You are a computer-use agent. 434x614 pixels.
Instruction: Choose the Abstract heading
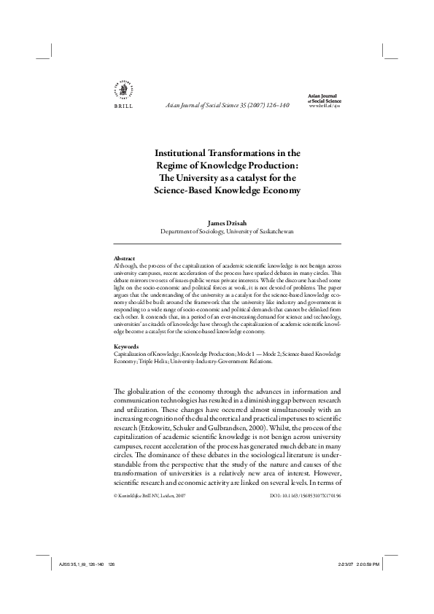[x=125, y=259]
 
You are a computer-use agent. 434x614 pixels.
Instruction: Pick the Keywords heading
[x=127, y=346]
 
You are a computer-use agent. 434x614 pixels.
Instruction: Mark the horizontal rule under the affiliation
[x=228, y=242]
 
